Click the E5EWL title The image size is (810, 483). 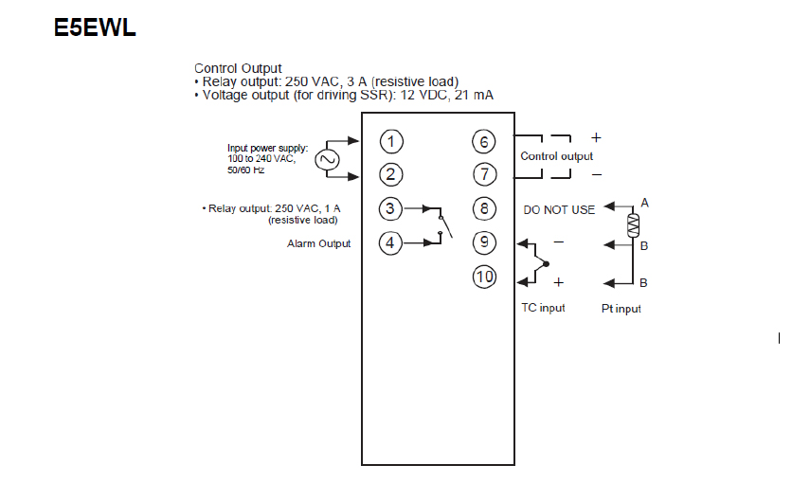(95, 27)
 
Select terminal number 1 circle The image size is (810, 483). (392, 141)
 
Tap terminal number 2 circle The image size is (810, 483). (392, 174)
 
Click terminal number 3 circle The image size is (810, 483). (390, 208)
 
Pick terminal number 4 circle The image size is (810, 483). (390, 242)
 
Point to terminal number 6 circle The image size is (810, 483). (484, 141)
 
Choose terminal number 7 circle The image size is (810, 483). (484, 174)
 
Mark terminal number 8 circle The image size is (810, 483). (484, 208)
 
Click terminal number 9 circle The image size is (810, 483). (484, 242)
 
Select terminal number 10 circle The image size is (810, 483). (484, 277)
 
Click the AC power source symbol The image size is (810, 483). (328, 159)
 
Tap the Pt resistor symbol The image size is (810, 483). (633, 224)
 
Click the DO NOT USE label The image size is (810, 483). (559, 209)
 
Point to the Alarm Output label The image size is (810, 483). (318, 243)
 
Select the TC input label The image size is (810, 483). (543, 309)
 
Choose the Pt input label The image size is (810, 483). (621, 309)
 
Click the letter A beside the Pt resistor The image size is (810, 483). (644, 203)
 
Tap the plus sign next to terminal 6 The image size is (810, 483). (596, 137)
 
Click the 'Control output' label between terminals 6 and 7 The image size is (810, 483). (557, 156)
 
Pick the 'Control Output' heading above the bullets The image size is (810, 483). (238, 68)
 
